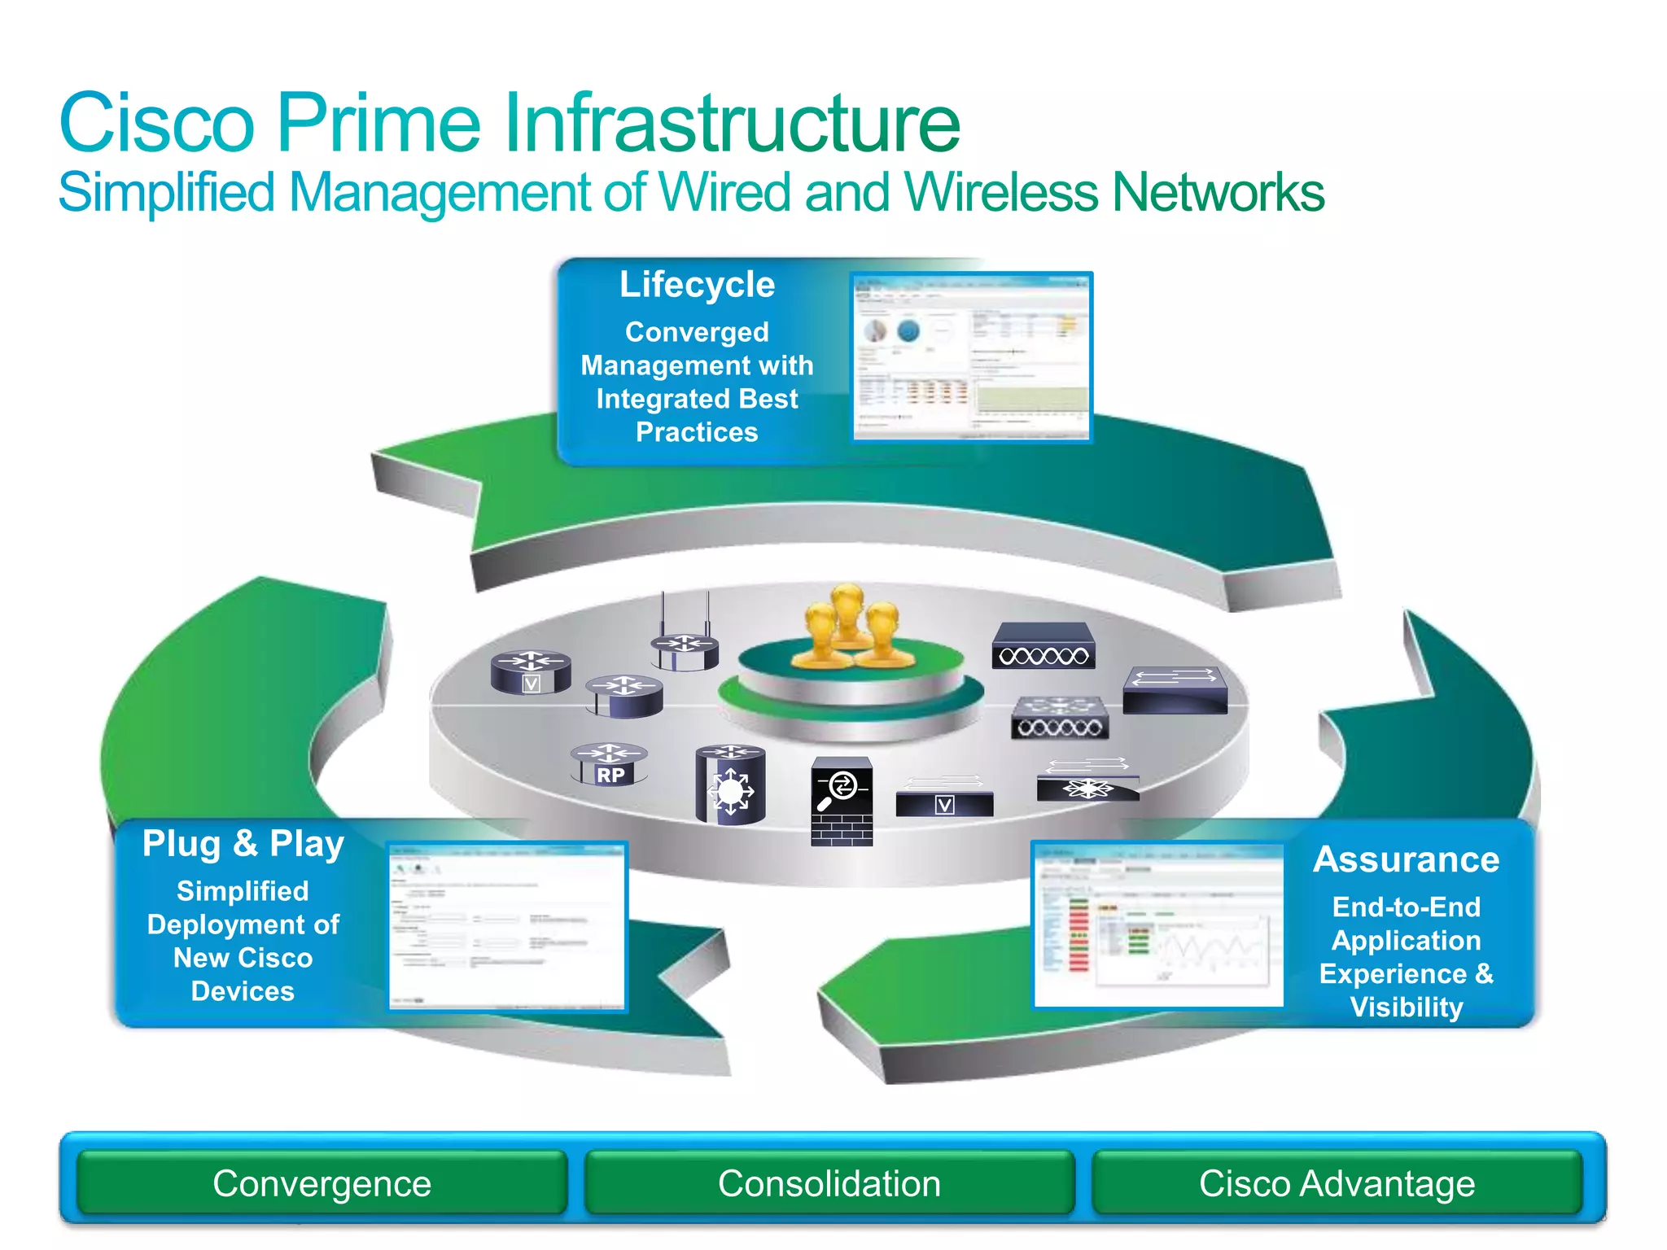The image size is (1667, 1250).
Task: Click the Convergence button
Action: click(x=322, y=1183)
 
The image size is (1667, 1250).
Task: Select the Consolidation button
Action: click(x=829, y=1183)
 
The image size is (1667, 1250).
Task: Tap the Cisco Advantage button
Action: click(x=1337, y=1183)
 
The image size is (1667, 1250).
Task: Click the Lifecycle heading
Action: click(x=697, y=285)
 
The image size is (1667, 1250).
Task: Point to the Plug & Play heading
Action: click(x=243, y=844)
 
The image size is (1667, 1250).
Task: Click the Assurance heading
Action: click(x=1406, y=859)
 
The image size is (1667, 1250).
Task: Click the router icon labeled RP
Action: click(x=610, y=764)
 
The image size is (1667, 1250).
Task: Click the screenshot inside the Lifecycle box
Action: click(x=971, y=357)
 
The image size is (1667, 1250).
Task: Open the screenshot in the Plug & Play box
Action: click(x=506, y=926)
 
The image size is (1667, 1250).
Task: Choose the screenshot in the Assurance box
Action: click(x=1157, y=924)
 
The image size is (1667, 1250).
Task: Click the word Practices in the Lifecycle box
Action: click(x=697, y=432)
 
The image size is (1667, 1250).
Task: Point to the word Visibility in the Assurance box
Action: click(x=1406, y=1007)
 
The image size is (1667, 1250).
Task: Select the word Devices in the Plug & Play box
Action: click(x=243, y=991)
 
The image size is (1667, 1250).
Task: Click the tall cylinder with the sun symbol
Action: click(x=730, y=785)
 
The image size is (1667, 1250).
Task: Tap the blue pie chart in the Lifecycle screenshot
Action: click(x=908, y=330)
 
